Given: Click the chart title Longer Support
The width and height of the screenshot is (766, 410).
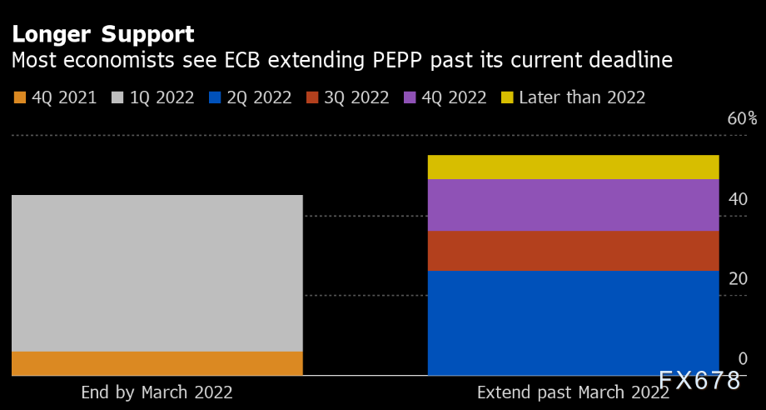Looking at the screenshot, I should pos(102,34).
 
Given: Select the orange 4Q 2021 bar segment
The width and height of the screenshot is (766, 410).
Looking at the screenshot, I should pos(157,363).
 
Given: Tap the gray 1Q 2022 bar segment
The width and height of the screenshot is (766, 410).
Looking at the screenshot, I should pos(157,273).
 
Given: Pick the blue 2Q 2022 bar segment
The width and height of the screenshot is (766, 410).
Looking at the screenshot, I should pos(573,322).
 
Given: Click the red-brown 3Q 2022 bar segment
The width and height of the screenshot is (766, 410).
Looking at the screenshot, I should pos(573,251).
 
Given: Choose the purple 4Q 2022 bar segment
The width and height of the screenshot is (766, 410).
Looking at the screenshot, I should pos(573,205).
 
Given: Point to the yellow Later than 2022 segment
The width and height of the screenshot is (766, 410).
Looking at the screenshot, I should pos(573,167).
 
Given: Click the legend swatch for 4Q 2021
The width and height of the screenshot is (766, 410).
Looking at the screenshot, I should pos(20,98).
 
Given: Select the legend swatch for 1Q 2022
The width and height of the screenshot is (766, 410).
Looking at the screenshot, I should pos(117,98).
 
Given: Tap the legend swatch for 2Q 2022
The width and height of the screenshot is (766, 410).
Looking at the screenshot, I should pos(215,98).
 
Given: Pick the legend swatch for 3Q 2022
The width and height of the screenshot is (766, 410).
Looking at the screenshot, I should pos(312,98).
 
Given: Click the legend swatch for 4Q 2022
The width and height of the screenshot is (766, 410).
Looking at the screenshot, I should pos(410,98).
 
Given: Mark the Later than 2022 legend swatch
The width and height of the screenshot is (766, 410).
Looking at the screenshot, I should pos(507,98).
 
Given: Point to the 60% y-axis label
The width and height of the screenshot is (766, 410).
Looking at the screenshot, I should pos(742,118).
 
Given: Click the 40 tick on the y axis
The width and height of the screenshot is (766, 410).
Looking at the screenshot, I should pos(738,199).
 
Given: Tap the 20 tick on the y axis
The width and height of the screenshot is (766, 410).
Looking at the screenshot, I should pos(738,278).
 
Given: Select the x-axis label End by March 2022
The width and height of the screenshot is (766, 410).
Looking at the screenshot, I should pos(157,392).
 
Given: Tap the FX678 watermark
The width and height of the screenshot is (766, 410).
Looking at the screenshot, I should pos(699,381).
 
